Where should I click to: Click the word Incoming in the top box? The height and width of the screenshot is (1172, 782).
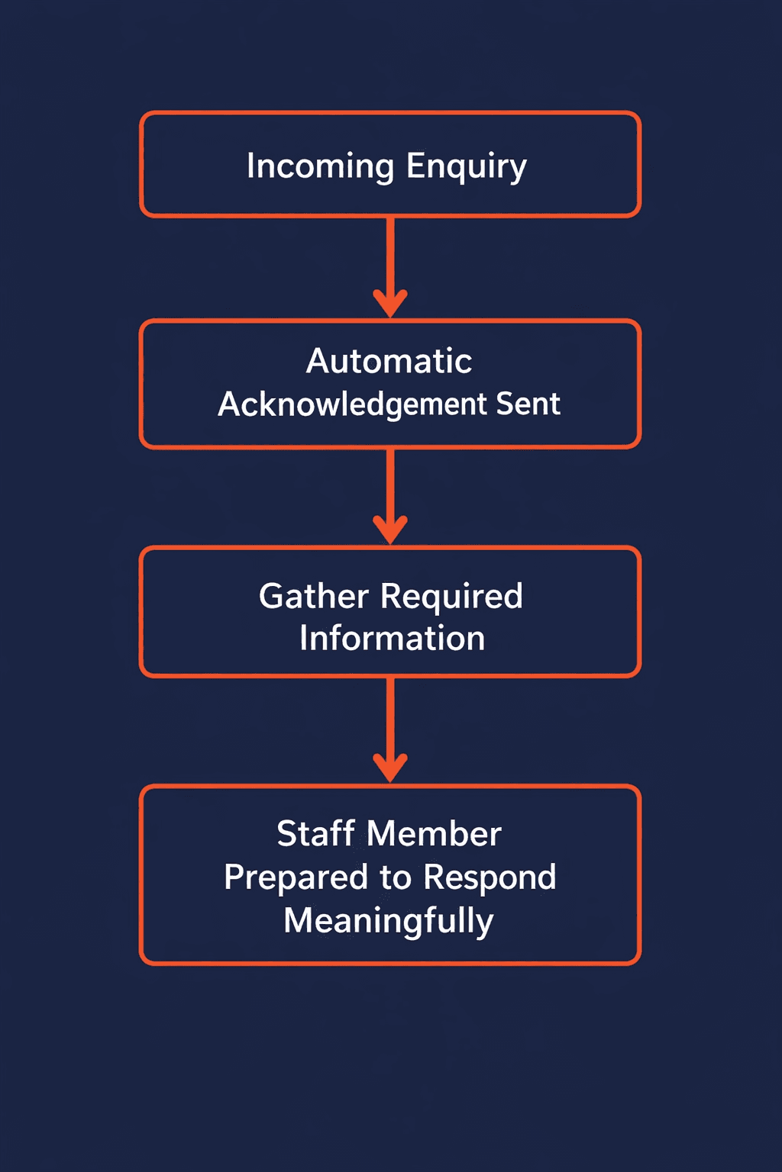click(x=320, y=166)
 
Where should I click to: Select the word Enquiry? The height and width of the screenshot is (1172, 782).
click(x=466, y=166)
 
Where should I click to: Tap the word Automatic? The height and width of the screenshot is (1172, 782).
click(x=389, y=361)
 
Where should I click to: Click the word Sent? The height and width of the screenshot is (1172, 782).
click(x=528, y=404)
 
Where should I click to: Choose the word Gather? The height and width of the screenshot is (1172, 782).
click(x=314, y=596)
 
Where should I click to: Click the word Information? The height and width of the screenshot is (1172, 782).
click(x=392, y=638)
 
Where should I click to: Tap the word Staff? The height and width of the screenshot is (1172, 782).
click(x=315, y=833)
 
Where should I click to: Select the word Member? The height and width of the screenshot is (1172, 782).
click(x=434, y=833)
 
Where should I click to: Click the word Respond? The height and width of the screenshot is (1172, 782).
click(x=490, y=877)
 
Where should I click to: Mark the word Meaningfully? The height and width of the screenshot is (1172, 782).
click(x=389, y=921)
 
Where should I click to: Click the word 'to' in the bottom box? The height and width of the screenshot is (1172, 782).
click(x=396, y=877)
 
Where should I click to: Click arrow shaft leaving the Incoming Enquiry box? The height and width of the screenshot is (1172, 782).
click(x=390, y=252)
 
